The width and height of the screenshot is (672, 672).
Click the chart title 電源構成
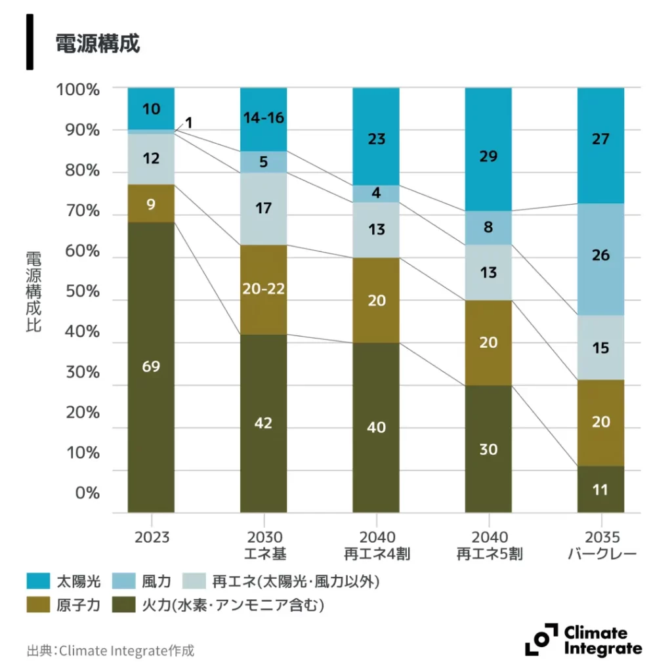pyautogui.click(x=97, y=44)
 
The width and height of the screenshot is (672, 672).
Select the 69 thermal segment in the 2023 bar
pyautogui.click(x=151, y=366)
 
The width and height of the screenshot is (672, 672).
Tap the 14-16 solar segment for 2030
pyautogui.click(x=263, y=119)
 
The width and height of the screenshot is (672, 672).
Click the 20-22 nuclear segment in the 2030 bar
pyautogui.click(x=263, y=289)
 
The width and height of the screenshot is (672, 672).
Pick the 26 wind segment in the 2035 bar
pyautogui.click(x=600, y=256)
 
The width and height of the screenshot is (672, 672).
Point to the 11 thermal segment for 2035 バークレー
pyautogui.click(x=600, y=490)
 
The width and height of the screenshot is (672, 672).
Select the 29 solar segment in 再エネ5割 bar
pyautogui.click(x=488, y=156)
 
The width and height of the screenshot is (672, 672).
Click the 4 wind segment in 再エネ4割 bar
pyautogui.click(x=376, y=194)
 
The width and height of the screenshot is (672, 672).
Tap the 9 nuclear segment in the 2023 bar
pyautogui.click(x=151, y=204)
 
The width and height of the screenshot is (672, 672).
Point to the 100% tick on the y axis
pyautogui.click(x=78, y=89)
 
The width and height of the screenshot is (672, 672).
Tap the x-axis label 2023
pyautogui.click(x=152, y=537)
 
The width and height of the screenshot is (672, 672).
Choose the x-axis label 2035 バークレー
pyautogui.click(x=601, y=546)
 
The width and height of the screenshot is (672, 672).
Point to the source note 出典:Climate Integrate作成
pyautogui.click(x=111, y=651)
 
